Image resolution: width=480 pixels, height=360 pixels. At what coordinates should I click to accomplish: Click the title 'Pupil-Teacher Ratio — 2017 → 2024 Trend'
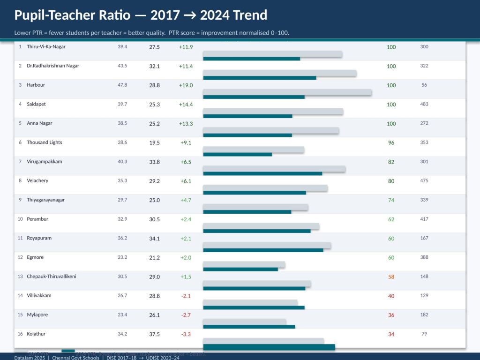(x=141, y=15)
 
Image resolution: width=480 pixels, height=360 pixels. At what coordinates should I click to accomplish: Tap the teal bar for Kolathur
(x=269, y=347)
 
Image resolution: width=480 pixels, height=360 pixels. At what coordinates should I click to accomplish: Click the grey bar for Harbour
(x=287, y=92)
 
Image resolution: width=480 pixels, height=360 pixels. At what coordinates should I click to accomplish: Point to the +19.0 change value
(x=186, y=85)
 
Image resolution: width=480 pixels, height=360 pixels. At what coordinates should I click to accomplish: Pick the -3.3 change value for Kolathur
(x=186, y=334)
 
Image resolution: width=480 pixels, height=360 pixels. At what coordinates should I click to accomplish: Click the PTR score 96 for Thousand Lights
(x=391, y=142)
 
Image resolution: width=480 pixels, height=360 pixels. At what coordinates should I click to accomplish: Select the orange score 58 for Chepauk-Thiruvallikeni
(x=391, y=277)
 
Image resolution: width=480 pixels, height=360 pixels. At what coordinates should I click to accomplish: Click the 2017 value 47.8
(x=122, y=85)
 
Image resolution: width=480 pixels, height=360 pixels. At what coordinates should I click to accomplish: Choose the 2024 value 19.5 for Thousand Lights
(x=154, y=142)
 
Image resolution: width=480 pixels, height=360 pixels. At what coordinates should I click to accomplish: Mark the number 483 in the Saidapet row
(x=424, y=104)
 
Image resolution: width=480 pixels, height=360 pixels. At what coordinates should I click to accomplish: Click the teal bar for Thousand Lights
(x=237, y=154)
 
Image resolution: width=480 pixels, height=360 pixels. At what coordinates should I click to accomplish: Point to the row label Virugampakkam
(x=44, y=161)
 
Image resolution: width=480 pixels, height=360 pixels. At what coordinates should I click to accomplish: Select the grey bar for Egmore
(x=244, y=265)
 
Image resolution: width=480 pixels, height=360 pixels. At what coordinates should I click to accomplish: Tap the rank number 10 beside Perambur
(x=20, y=219)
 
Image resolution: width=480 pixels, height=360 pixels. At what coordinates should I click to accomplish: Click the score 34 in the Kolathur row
(x=391, y=334)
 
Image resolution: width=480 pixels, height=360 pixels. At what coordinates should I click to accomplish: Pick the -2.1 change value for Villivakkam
(x=186, y=296)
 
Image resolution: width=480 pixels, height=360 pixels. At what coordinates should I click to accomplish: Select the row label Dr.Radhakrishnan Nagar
(x=53, y=66)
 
